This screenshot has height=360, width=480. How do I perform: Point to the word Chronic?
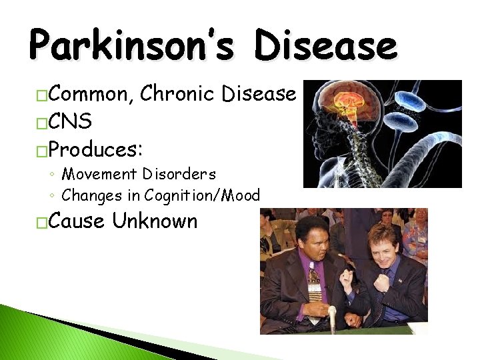[179, 95]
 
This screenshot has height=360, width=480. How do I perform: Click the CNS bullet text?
[71, 121]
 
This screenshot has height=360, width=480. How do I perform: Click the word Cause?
[76, 221]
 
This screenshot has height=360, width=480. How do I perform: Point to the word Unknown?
[155, 221]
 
